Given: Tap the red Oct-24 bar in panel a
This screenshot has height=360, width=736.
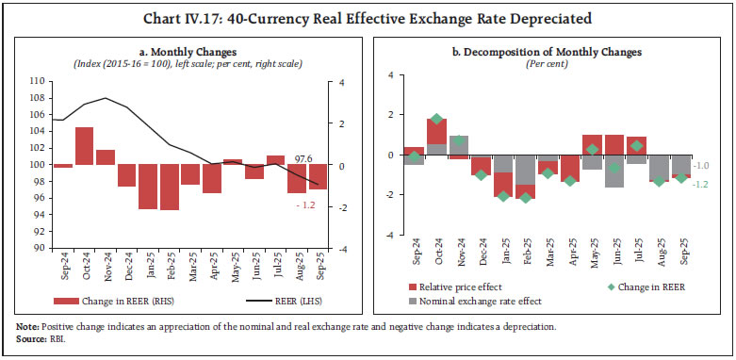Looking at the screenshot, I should click(x=84, y=145).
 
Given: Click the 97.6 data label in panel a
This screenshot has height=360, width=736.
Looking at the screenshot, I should click(x=303, y=160).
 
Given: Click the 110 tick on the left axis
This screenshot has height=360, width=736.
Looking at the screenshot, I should click(x=38, y=81).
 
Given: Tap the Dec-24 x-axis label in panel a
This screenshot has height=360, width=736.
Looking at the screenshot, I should click(x=127, y=270).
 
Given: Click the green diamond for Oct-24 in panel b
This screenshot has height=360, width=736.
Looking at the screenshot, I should click(x=436, y=120).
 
